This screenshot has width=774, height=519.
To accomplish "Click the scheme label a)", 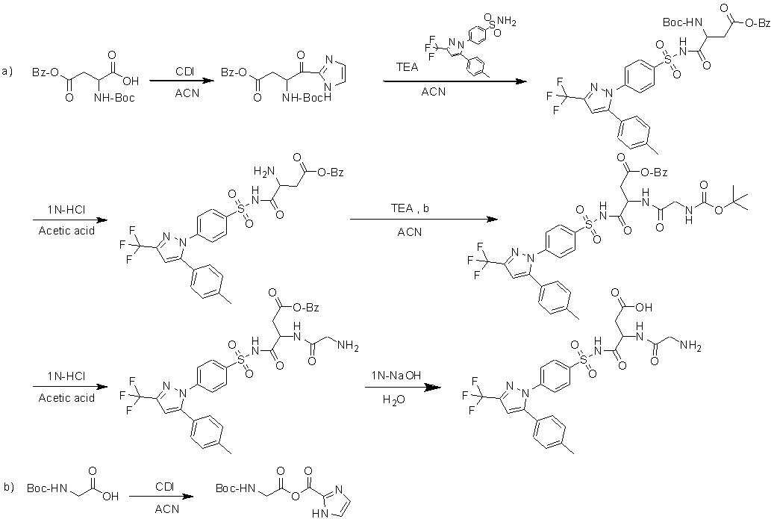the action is tap(7, 72).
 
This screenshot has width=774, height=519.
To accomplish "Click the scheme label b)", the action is tap(9, 488).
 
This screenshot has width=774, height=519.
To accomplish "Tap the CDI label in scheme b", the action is tap(164, 486).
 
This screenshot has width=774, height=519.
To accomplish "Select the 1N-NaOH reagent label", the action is tap(396, 376).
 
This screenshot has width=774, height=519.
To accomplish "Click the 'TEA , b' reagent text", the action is tap(410, 208).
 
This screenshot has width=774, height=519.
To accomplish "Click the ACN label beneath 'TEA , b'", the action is tap(410, 231).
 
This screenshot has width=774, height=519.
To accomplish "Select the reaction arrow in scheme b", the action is tap(160, 497).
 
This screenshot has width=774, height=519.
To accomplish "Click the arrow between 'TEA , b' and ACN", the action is tap(424, 220).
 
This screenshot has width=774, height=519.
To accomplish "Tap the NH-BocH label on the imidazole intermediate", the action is tap(307, 99).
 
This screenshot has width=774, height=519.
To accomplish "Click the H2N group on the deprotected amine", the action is tap(263, 171).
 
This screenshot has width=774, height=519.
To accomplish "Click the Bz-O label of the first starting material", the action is tap(46, 72).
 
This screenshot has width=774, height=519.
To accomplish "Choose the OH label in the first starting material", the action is tap(131, 81).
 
